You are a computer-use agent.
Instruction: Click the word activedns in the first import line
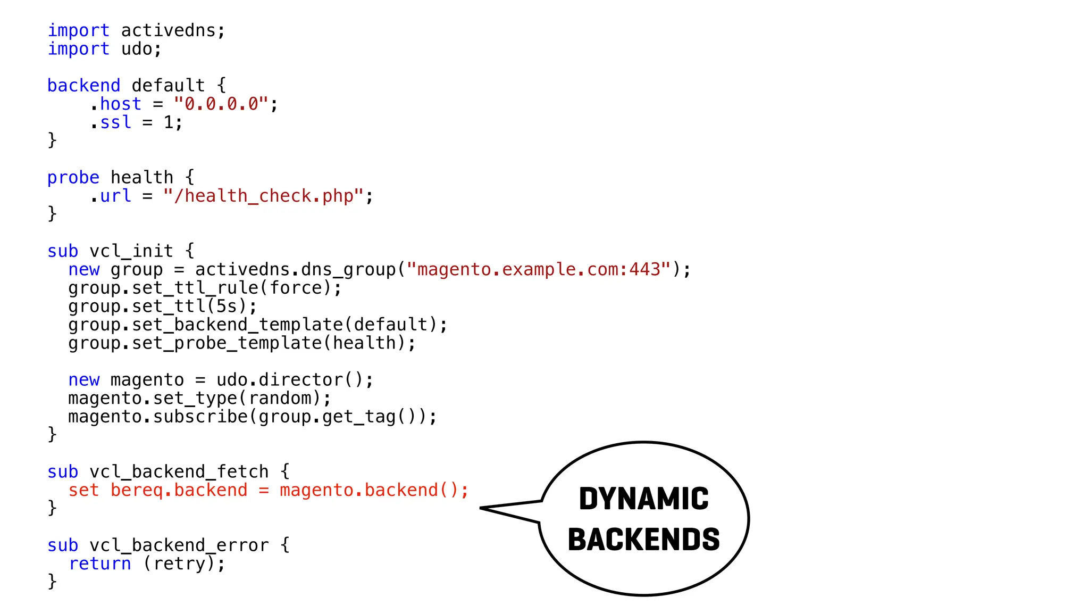(168, 30)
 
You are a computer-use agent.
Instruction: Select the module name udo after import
(137, 49)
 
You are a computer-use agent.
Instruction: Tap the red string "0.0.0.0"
(221, 104)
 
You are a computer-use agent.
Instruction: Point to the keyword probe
(73, 178)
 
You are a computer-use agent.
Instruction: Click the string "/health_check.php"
(263, 196)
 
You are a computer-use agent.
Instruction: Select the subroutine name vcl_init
(131, 251)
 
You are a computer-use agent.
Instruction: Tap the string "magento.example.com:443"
(539, 269)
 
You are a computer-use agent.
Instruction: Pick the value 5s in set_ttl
(227, 306)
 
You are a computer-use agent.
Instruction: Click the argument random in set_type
(280, 399)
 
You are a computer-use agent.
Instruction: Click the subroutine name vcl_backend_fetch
(179, 472)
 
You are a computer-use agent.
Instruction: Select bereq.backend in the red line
(179, 490)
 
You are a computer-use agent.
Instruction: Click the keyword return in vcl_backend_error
(99, 564)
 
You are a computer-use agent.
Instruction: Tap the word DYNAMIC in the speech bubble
(643, 499)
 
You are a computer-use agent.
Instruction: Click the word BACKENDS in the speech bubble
(643, 540)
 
